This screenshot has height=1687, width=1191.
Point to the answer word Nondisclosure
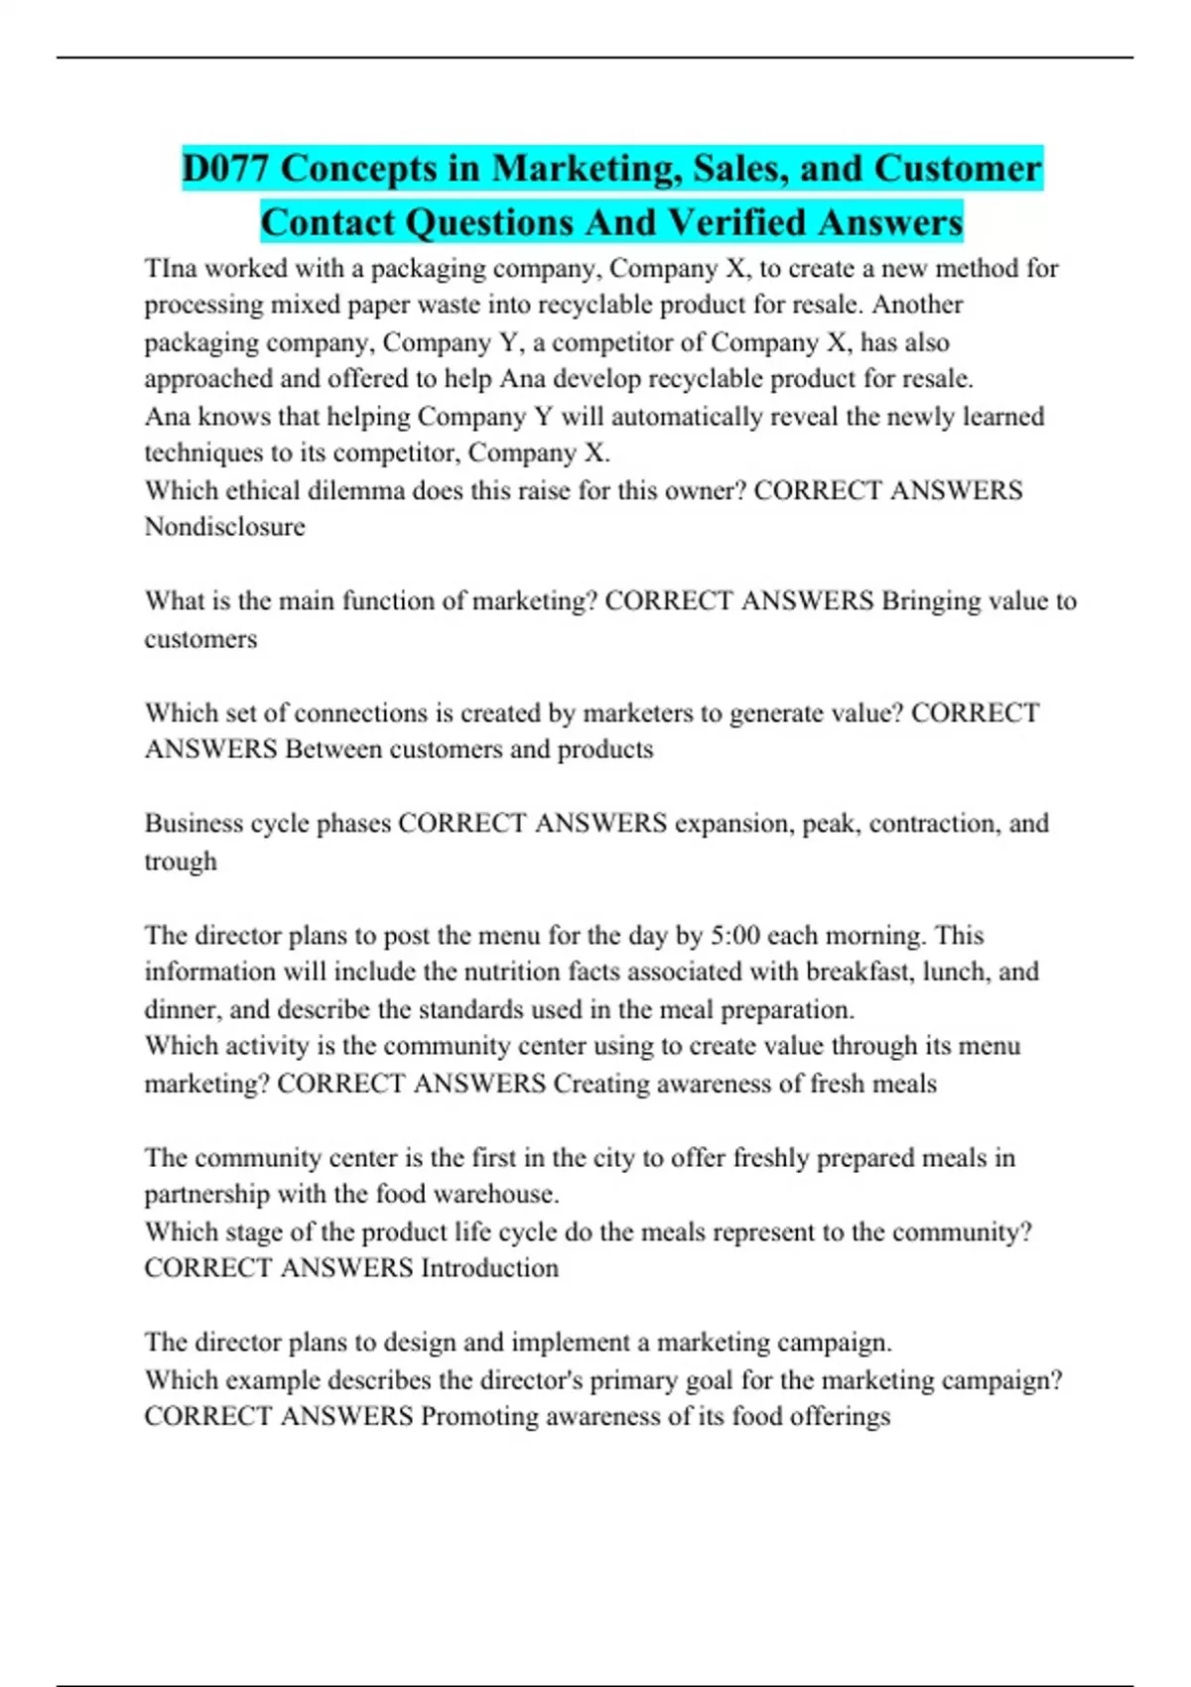click(224, 527)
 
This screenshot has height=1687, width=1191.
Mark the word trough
click(180, 861)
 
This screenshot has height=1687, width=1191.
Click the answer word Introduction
click(489, 1268)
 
